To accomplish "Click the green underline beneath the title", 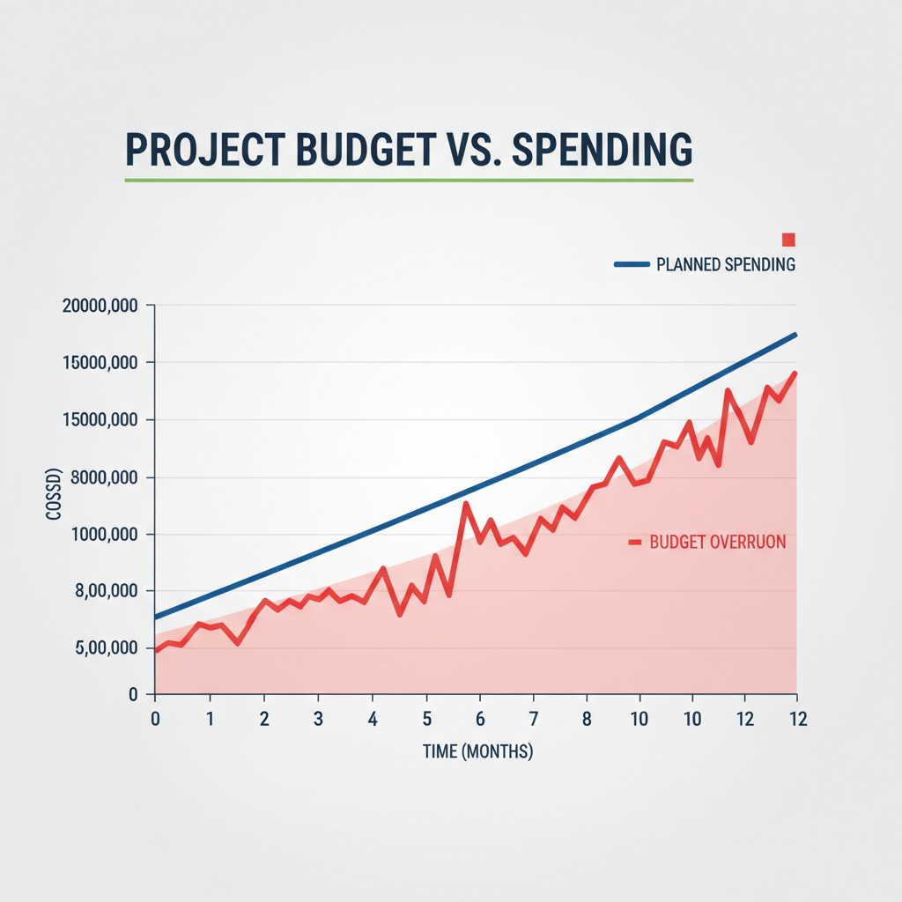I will [x=409, y=180].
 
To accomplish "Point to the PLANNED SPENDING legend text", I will [x=726, y=264].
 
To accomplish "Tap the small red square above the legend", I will [x=788, y=240].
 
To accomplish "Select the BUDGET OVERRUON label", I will [x=717, y=543].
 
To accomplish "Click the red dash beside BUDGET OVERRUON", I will [x=634, y=543].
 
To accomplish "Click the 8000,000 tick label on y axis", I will [x=101, y=478].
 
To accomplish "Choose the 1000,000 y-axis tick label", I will [x=101, y=536].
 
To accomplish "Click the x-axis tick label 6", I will [x=480, y=719].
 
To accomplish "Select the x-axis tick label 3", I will [x=318, y=719].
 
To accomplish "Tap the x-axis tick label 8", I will [x=587, y=719].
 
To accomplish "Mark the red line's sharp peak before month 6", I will [x=466, y=504].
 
